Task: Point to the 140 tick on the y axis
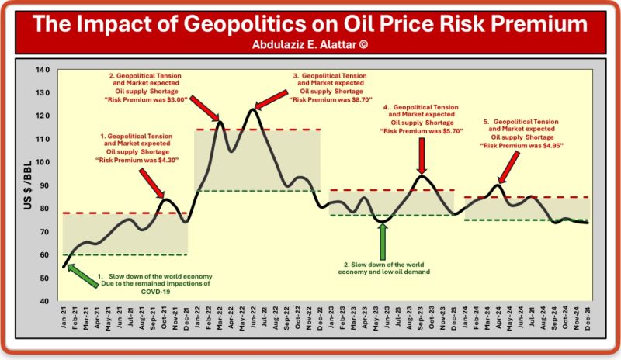pyautogui.click(x=43, y=71)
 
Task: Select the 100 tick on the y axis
pyautogui.click(x=43, y=162)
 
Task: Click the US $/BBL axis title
pyautogui.click(x=25, y=185)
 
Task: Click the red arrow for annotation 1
pyautogui.click(x=152, y=184)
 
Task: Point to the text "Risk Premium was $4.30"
pyautogui.click(x=137, y=161)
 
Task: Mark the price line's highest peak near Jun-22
pyautogui.click(x=252, y=109)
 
